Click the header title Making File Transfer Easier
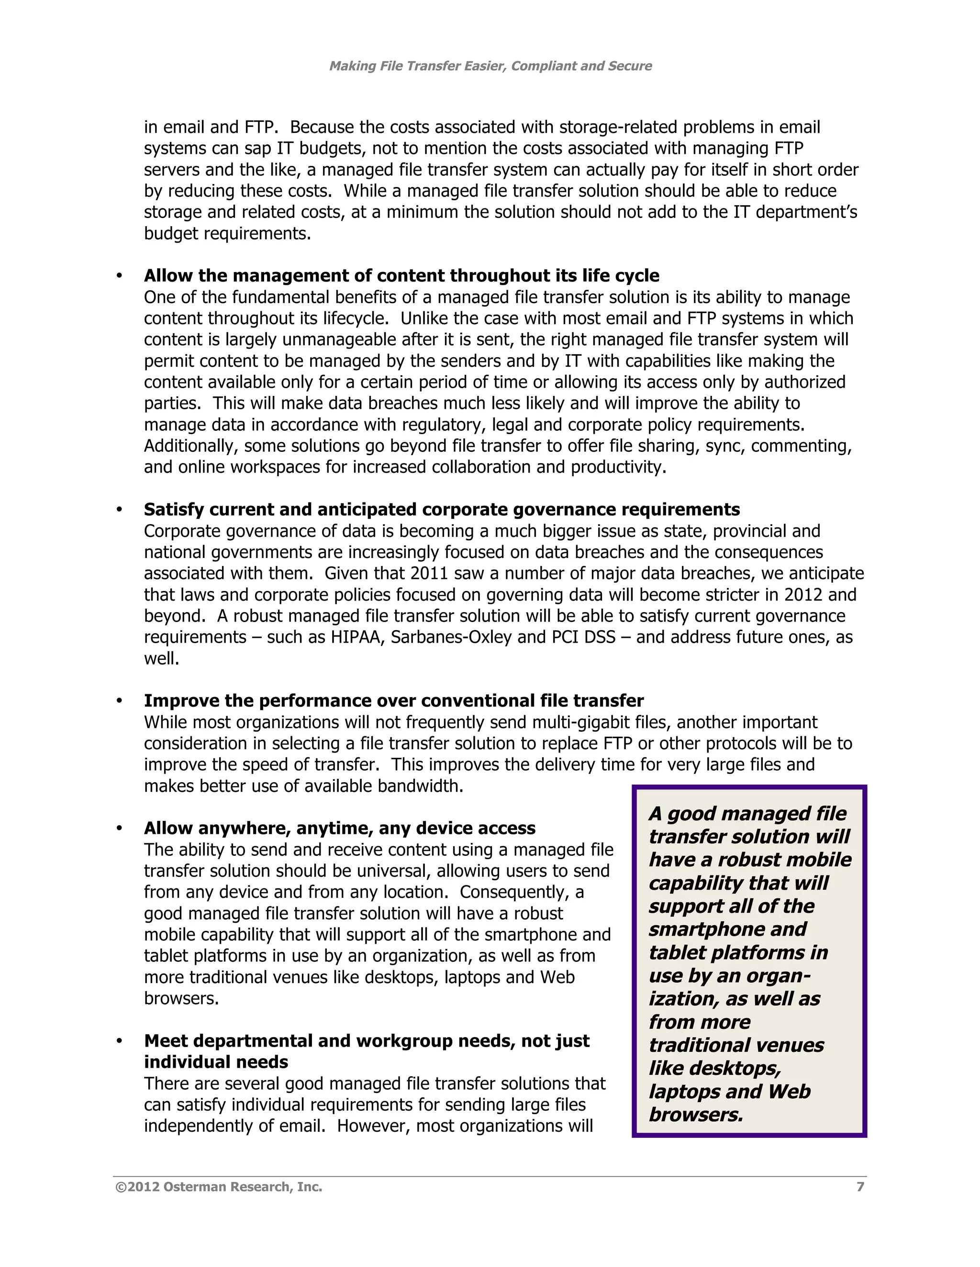point(490,66)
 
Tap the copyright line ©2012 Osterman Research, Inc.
point(219,1187)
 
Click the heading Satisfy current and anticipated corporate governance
point(441,509)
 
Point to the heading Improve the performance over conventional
point(394,701)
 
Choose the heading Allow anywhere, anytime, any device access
point(340,828)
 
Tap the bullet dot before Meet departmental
point(119,1041)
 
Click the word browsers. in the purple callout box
point(695,1114)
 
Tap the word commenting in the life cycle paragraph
point(801,446)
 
